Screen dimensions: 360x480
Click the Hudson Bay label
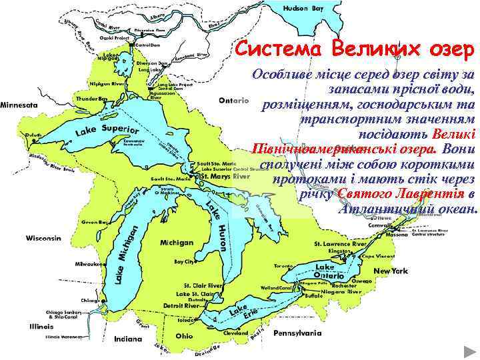[x=304, y=9]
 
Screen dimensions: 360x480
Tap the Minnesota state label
[x=19, y=105]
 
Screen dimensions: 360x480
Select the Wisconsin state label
[x=43, y=238]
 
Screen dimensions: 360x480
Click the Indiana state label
[x=128, y=339]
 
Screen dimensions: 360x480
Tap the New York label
[x=391, y=271]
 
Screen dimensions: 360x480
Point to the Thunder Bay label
[x=93, y=99]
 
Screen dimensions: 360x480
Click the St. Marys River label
[x=227, y=177]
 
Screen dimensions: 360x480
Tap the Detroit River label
[x=182, y=305]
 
